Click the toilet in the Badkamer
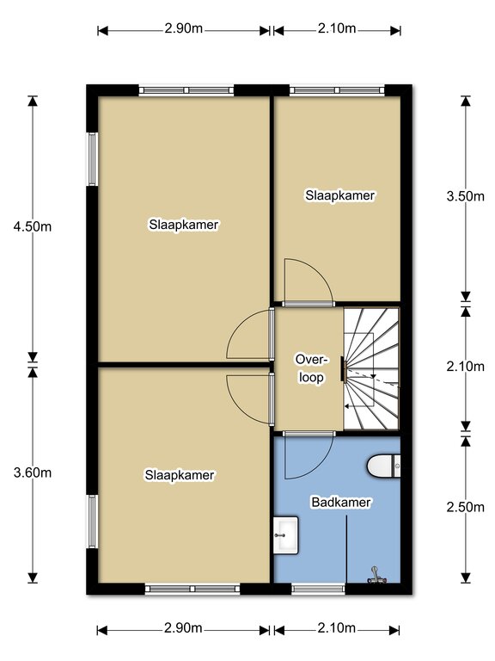384,466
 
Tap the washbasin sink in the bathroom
286,535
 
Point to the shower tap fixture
376,576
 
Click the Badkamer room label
341,502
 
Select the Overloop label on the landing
311,368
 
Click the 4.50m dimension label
33,227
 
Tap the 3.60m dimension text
33,473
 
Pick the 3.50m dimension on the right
466,196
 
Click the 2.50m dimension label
466,507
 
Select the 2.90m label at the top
184,28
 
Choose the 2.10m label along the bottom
337,628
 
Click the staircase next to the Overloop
371,368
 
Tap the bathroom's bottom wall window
318,589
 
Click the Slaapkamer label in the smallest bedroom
340,195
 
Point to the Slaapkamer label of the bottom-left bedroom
180,475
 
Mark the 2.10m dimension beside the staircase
466,367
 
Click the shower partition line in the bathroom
346,549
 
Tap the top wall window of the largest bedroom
186,90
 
